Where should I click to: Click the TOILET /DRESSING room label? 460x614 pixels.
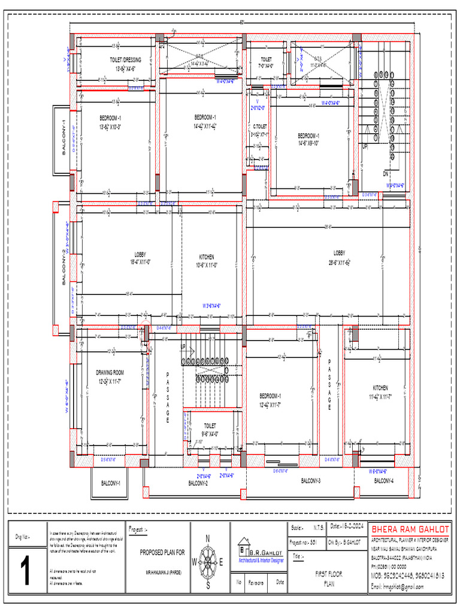click(x=125, y=60)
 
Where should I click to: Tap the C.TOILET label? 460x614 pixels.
click(x=259, y=127)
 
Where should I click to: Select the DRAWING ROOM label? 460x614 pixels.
click(x=110, y=372)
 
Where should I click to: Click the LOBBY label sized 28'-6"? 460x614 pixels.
click(x=339, y=253)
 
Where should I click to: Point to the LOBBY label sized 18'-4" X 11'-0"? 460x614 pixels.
click(x=140, y=255)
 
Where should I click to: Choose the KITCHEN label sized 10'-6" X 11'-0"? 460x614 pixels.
click(x=207, y=257)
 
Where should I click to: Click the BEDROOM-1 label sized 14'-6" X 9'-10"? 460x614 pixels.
click(x=308, y=136)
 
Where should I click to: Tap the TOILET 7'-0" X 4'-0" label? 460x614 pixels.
click(x=265, y=59)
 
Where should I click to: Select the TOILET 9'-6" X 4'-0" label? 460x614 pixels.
click(x=210, y=425)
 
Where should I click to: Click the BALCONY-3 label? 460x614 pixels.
click(x=310, y=481)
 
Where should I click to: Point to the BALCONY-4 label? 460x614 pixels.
click(x=384, y=481)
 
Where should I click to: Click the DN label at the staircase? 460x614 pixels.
click(x=386, y=173)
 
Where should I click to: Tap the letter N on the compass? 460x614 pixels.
click(x=208, y=538)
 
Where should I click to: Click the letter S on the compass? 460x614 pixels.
click(x=208, y=586)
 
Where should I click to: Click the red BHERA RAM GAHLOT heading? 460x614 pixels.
click(x=410, y=530)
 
